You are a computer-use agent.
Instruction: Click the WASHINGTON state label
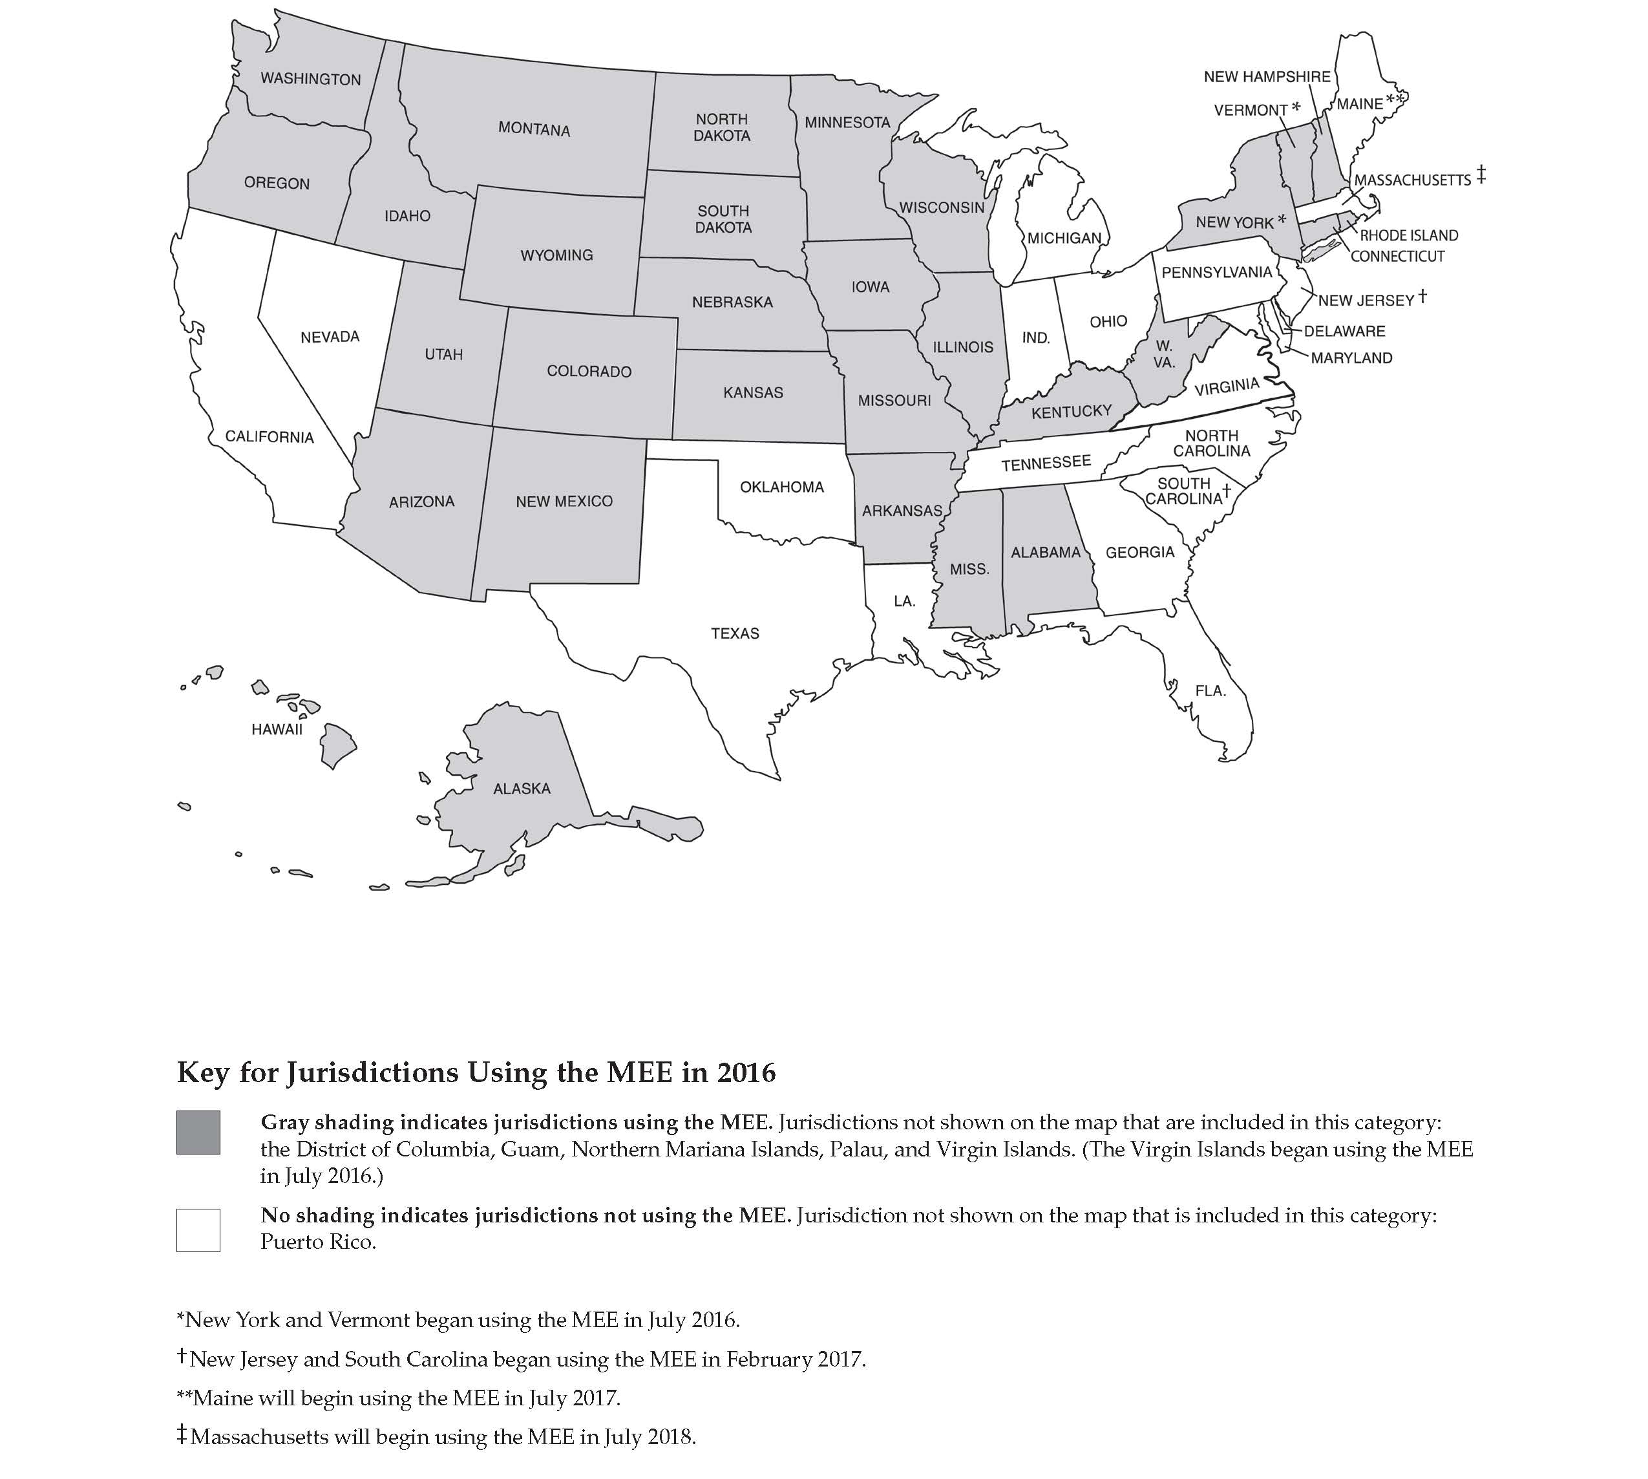click(310, 79)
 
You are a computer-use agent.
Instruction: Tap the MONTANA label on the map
click(534, 129)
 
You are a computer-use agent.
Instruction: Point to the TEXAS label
click(735, 633)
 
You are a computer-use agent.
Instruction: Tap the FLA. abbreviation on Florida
click(1210, 691)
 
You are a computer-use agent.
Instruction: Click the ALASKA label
click(522, 788)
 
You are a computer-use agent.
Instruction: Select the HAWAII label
click(277, 729)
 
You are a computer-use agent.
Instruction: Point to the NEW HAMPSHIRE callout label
click(1267, 76)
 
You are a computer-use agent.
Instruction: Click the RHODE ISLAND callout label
click(1409, 236)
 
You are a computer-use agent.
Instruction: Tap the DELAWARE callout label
click(1345, 331)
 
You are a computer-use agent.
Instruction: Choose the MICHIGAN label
click(1064, 238)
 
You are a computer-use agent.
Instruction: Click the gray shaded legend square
click(198, 1132)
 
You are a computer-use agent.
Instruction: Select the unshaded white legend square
click(198, 1229)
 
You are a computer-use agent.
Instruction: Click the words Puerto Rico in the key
click(318, 1242)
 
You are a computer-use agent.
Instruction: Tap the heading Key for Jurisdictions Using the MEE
click(476, 1072)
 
